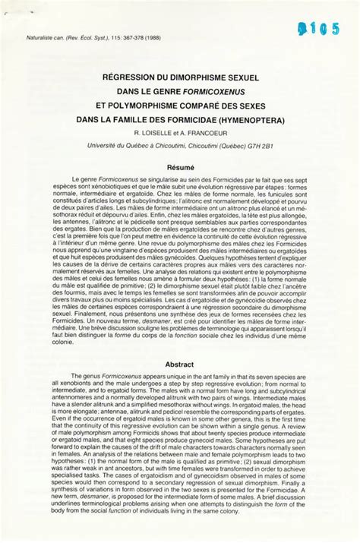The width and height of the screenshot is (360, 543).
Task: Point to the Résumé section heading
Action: coord(181,165)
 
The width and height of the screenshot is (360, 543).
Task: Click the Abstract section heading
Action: coord(181,363)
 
